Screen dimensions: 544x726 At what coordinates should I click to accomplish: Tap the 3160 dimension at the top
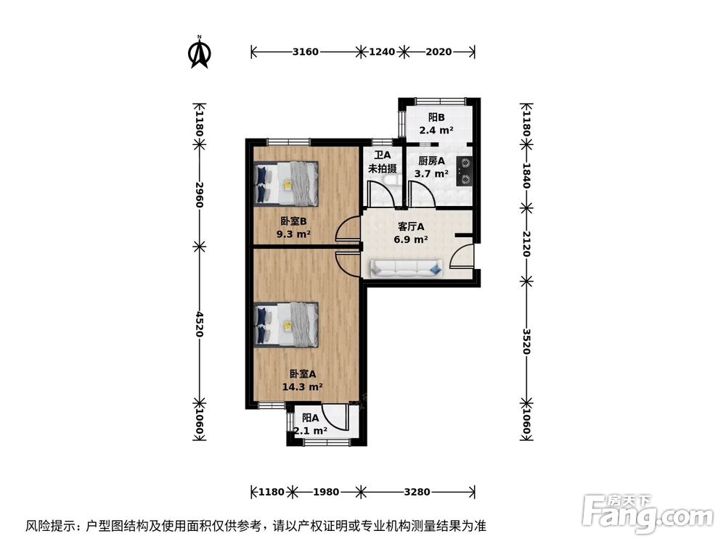(305, 51)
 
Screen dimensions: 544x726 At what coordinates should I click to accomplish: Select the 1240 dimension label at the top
(382, 51)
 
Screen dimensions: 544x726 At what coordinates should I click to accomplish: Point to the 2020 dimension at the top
(439, 51)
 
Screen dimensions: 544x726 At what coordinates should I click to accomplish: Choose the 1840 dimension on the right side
(527, 175)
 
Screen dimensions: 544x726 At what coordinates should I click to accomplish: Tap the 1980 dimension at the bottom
(327, 492)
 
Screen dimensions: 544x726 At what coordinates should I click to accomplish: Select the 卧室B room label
(293, 221)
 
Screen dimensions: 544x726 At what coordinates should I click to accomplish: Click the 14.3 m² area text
(302, 387)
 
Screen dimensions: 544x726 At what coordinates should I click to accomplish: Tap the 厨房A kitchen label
(432, 161)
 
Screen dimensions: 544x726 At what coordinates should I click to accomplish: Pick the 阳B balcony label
(436, 118)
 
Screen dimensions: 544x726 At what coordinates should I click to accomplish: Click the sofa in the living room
(406, 268)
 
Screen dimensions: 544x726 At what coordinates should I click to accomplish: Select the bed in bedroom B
(287, 184)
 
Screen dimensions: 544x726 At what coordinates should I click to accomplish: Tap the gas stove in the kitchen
(464, 171)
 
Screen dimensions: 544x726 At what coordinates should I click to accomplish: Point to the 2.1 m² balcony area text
(311, 430)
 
